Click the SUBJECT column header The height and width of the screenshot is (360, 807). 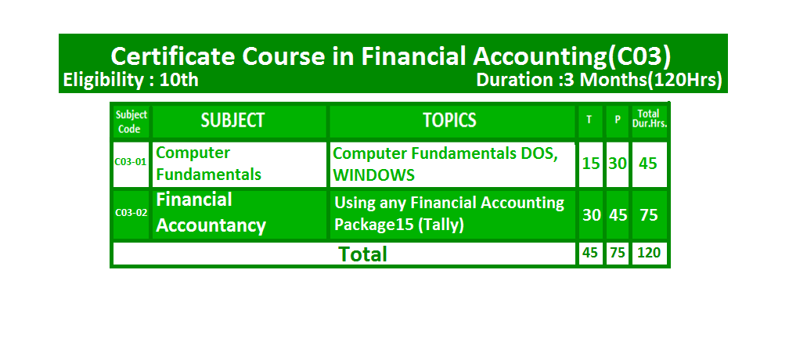point(232,121)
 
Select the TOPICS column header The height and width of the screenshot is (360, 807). point(450,121)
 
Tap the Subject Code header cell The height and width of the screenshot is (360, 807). point(131,122)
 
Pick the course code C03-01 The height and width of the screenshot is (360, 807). point(131,161)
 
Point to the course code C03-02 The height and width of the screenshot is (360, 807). point(131,212)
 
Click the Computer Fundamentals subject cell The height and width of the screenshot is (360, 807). point(208,164)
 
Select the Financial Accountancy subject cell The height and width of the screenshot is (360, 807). point(211,213)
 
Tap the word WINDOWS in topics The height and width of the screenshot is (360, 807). point(373,175)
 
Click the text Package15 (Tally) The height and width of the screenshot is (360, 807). point(399,225)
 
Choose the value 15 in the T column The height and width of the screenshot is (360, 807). point(591,164)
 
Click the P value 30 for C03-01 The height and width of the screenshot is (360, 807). point(618,164)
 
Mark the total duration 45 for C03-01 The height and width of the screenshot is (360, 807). point(648,164)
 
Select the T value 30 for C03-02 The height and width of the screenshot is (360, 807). point(591,214)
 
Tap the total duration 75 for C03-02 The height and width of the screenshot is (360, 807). point(648,214)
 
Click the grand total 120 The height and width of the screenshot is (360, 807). point(648,253)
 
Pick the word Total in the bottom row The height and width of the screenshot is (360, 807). point(362,254)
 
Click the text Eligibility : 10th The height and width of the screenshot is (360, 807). point(131,81)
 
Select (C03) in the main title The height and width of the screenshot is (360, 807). point(639,57)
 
